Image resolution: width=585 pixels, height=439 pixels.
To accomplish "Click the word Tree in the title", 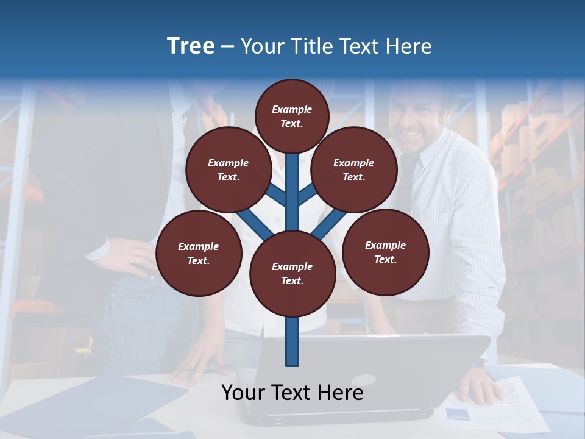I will coord(191,46).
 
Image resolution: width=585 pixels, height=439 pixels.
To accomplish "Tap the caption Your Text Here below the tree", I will coord(292,393).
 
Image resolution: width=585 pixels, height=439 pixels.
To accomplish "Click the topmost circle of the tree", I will coord(292,116).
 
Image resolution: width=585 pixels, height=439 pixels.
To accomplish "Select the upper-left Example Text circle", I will coord(229,170).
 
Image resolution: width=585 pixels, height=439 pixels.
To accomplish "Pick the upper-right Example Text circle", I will coord(354,170).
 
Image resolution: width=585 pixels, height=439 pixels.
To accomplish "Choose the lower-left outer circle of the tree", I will coord(199,254).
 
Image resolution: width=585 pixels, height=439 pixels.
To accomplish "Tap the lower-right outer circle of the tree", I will coord(386,252).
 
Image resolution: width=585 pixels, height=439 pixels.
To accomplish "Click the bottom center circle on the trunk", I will coord(292,274).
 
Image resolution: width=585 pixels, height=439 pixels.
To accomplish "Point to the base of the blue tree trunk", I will coord(292,357).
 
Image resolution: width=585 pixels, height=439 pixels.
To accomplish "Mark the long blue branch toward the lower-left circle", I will coord(255,223).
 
